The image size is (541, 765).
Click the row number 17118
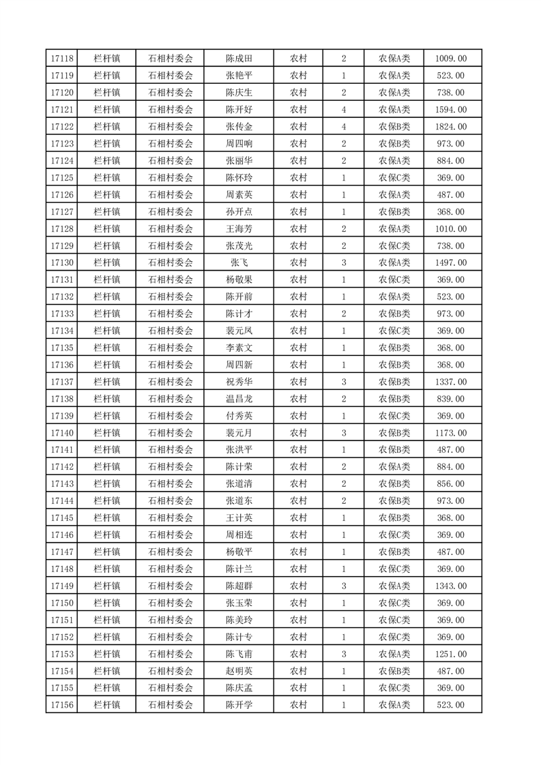(x=62, y=59)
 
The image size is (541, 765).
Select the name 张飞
(x=239, y=262)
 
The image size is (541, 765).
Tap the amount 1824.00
(x=451, y=127)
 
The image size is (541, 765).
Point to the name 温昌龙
(x=239, y=399)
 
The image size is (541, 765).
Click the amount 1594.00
(x=451, y=110)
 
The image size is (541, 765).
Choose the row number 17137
(x=62, y=382)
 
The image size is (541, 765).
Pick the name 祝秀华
(x=239, y=382)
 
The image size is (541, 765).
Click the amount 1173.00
(x=451, y=433)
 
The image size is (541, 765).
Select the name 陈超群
(x=239, y=586)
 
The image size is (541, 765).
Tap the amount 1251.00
(x=451, y=655)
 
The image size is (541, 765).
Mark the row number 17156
(x=62, y=705)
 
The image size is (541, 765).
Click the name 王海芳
(x=239, y=229)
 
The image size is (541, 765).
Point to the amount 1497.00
(x=451, y=262)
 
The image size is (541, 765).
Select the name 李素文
(x=239, y=348)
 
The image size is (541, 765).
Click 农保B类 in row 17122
(x=394, y=127)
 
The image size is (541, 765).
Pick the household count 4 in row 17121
(x=343, y=110)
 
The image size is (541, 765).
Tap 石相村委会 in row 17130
(x=171, y=262)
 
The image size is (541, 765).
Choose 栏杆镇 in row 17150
(x=107, y=603)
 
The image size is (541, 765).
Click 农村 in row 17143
(x=298, y=483)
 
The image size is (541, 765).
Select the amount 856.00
(x=451, y=483)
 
